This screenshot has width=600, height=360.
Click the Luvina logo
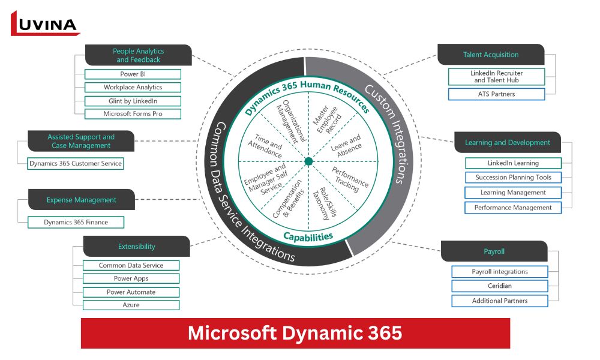(x=45, y=23)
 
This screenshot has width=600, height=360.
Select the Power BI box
(x=133, y=74)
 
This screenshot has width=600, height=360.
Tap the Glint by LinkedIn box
(x=133, y=101)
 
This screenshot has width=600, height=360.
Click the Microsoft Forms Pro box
(x=133, y=114)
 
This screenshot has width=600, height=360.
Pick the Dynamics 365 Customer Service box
(x=76, y=163)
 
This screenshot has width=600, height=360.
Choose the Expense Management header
(x=82, y=200)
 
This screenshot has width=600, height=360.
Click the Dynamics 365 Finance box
(x=76, y=223)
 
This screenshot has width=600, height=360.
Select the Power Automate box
(x=131, y=292)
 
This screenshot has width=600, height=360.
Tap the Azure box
(x=131, y=305)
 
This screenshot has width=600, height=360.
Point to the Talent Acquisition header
(x=491, y=55)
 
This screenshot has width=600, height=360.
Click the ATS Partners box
(x=496, y=94)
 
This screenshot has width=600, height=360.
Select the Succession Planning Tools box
(x=513, y=178)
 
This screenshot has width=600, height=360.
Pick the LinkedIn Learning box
(x=513, y=163)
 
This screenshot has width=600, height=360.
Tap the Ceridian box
(x=499, y=286)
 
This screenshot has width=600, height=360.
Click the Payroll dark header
(x=494, y=251)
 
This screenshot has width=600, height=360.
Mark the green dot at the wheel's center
(x=308, y=161)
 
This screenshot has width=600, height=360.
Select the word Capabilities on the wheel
(x=308, y=236)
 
